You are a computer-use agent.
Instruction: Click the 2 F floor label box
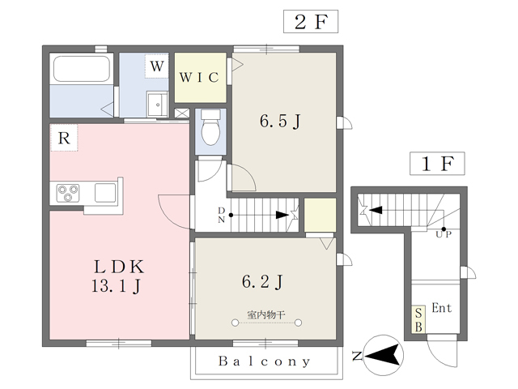[x=310, y=22]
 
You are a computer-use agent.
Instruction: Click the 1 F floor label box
[x=436, y=164]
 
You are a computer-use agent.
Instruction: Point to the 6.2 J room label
[x=263, y=281]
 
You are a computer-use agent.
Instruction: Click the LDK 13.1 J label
[x=117, y=276]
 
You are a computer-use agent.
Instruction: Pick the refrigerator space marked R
[x=63, y=139]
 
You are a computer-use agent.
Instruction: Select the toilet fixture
[x=210, y=129]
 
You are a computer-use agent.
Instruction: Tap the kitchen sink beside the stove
[x=106, y=193]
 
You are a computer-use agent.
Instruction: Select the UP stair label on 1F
[x=444, y=233]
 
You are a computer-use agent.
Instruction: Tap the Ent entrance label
[x=441, y=308]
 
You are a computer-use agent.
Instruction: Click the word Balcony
[x=265, y=361]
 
